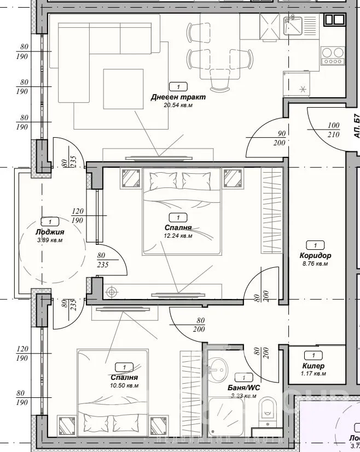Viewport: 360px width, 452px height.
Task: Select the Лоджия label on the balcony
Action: pyautogui.click(x=50, y=232)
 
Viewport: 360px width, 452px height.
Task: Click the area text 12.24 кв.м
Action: pyautogui.click(x=178, y=236)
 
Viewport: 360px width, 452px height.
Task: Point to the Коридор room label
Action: pyautogui.click(x=315, y=255)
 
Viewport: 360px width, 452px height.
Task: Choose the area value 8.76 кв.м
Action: pyautogui.click(x=315, y=263)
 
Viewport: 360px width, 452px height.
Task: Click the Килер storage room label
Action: pyautogui.click(x=313, y=366)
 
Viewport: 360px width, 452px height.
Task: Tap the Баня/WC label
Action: pyautogui.click(x=243, y=388)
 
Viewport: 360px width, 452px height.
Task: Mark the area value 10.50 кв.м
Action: pyautogui.click(x=124, y=385)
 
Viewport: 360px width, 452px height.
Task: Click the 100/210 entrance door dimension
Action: pyautogui.click(x=333, y=130)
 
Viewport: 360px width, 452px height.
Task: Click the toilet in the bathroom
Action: pyautogui.click(x=268, y=409)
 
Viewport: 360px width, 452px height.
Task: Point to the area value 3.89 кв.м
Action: pyautogui.click(x=49, y=240)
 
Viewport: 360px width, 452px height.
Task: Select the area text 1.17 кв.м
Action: pyautogui.click(x=313, y=374)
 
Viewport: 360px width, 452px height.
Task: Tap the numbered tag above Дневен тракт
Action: pyautogui.click(x=178, y=86)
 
